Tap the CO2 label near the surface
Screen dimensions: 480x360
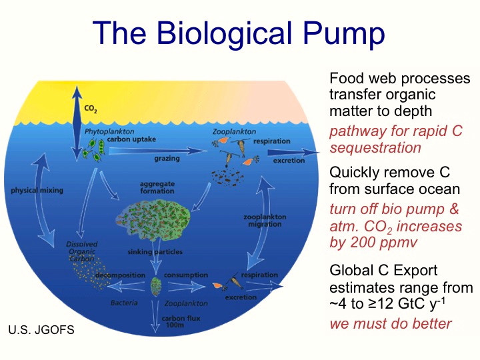pos(91,109)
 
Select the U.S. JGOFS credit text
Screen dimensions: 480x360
pos(41,330)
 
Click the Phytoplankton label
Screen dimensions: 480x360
pos(109,131)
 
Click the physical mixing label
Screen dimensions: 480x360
pos(37,191)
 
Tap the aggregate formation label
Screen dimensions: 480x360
pos(157,187)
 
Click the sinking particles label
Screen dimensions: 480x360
pos(155,252)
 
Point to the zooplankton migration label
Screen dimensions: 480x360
pos(265,221)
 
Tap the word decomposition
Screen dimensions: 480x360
pos(120,275)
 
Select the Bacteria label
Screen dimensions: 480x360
pos(124,303)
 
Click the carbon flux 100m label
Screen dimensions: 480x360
pos(181,321)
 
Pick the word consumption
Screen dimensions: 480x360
pos(186,275)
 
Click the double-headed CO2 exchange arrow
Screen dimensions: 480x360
pos(77,123)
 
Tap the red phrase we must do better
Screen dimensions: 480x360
pos(391,323)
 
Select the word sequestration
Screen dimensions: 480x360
pos(375,148)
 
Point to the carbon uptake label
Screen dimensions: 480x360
pos(131,139)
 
